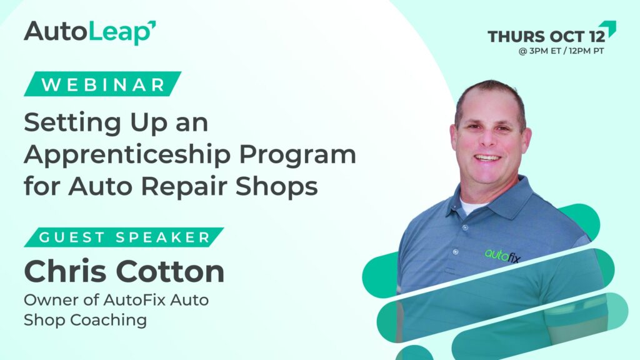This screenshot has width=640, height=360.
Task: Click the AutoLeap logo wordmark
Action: tap(90, 32)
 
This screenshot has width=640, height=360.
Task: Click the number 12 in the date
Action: tap(597, 36)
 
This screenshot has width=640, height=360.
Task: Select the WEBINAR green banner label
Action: tap(102, 84)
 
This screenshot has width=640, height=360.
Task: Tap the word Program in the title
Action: tap(297, 156)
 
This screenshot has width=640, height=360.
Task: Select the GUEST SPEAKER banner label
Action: tap(124, 237)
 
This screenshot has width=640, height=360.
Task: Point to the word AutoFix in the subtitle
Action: tap(134, 300)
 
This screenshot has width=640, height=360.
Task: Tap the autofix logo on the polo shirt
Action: tap(502, 256)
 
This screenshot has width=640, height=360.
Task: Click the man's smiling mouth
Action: tap(487, 157)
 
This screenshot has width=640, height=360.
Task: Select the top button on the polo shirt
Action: tap(465, 227)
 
